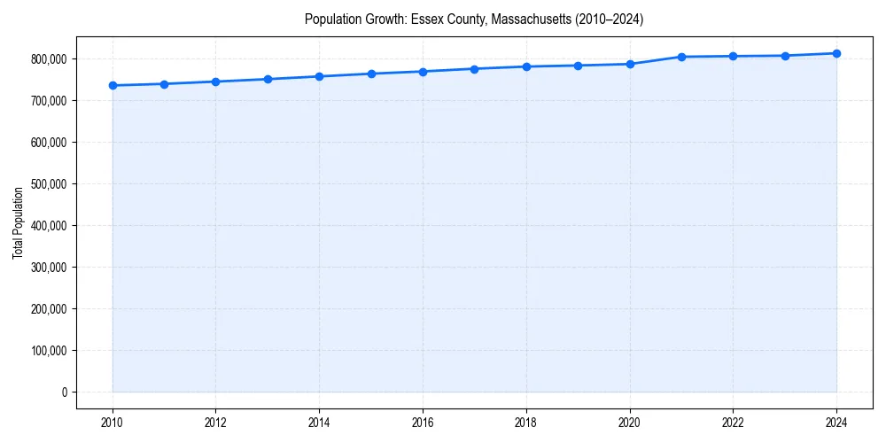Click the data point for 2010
113,85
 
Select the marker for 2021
681,57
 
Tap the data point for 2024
836,53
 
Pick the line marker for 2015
371,74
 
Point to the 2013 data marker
268,79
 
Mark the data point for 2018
526,66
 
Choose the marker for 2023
785,56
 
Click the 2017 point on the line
475,69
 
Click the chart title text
474,19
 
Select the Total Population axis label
18,222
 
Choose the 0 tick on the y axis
64,392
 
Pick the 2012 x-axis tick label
216,422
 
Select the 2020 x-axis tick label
630,422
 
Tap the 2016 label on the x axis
423,422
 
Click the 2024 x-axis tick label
836,422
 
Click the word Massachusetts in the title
532,19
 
